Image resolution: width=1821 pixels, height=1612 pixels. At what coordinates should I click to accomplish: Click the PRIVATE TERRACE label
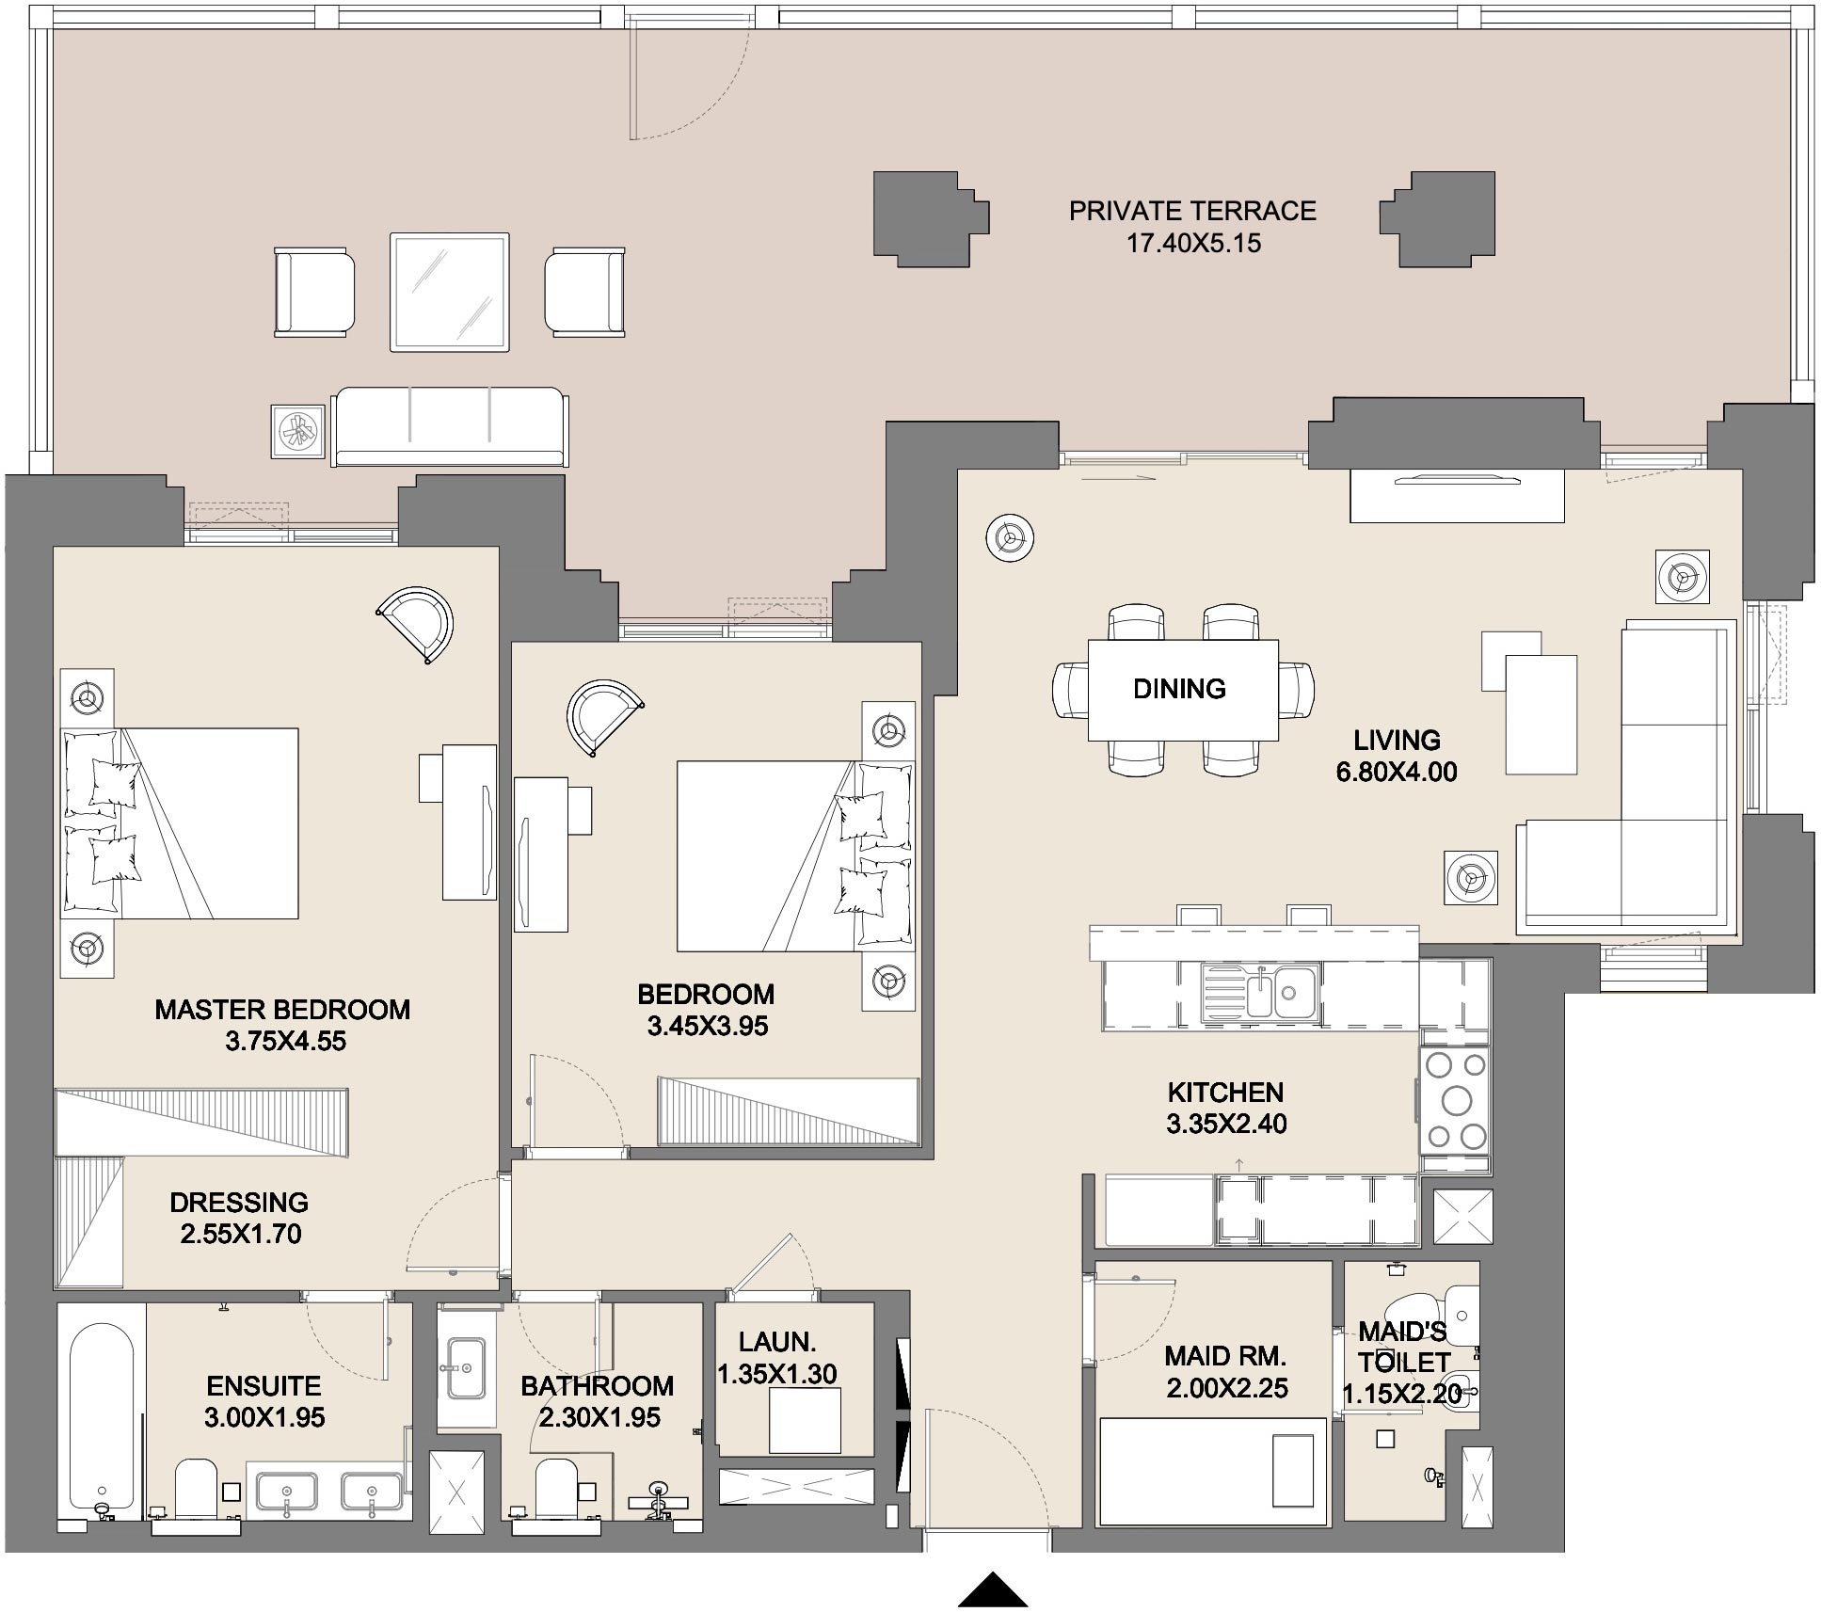[x=1192, y=211]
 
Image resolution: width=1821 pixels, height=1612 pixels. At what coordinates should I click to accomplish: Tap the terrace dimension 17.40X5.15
[x=1193, y=244]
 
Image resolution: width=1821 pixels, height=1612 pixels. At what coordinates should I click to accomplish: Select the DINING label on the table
[x=1179, y=689]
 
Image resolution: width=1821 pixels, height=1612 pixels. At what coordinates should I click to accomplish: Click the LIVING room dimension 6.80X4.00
[x=1397, y=772]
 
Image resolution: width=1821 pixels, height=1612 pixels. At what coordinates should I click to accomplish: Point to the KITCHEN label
[x=1225, y=1092]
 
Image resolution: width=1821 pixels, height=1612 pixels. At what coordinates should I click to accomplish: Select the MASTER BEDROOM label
[x=282, y=1010]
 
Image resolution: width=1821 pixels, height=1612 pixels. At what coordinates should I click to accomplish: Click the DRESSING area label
[x=239, y=1202]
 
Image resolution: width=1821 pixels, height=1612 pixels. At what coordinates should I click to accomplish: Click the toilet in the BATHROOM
[x=555, y=1488]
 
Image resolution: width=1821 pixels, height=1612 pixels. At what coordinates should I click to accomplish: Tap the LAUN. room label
[x=777, y=1342]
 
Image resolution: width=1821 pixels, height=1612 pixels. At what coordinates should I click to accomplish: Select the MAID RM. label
[x=1225, y=1356]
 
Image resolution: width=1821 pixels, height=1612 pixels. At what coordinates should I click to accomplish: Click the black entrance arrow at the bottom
[x=993, y=1588]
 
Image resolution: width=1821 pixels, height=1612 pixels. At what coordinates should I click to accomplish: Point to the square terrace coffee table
[x=450, y=292]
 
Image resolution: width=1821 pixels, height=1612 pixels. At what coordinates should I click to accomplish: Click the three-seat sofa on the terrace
[x=450, y=425]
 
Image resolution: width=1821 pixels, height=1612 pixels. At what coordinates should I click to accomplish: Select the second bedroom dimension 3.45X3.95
[x=708, y=1026]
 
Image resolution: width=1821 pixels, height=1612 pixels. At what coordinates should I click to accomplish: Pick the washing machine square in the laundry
[x=805, y=1420]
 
